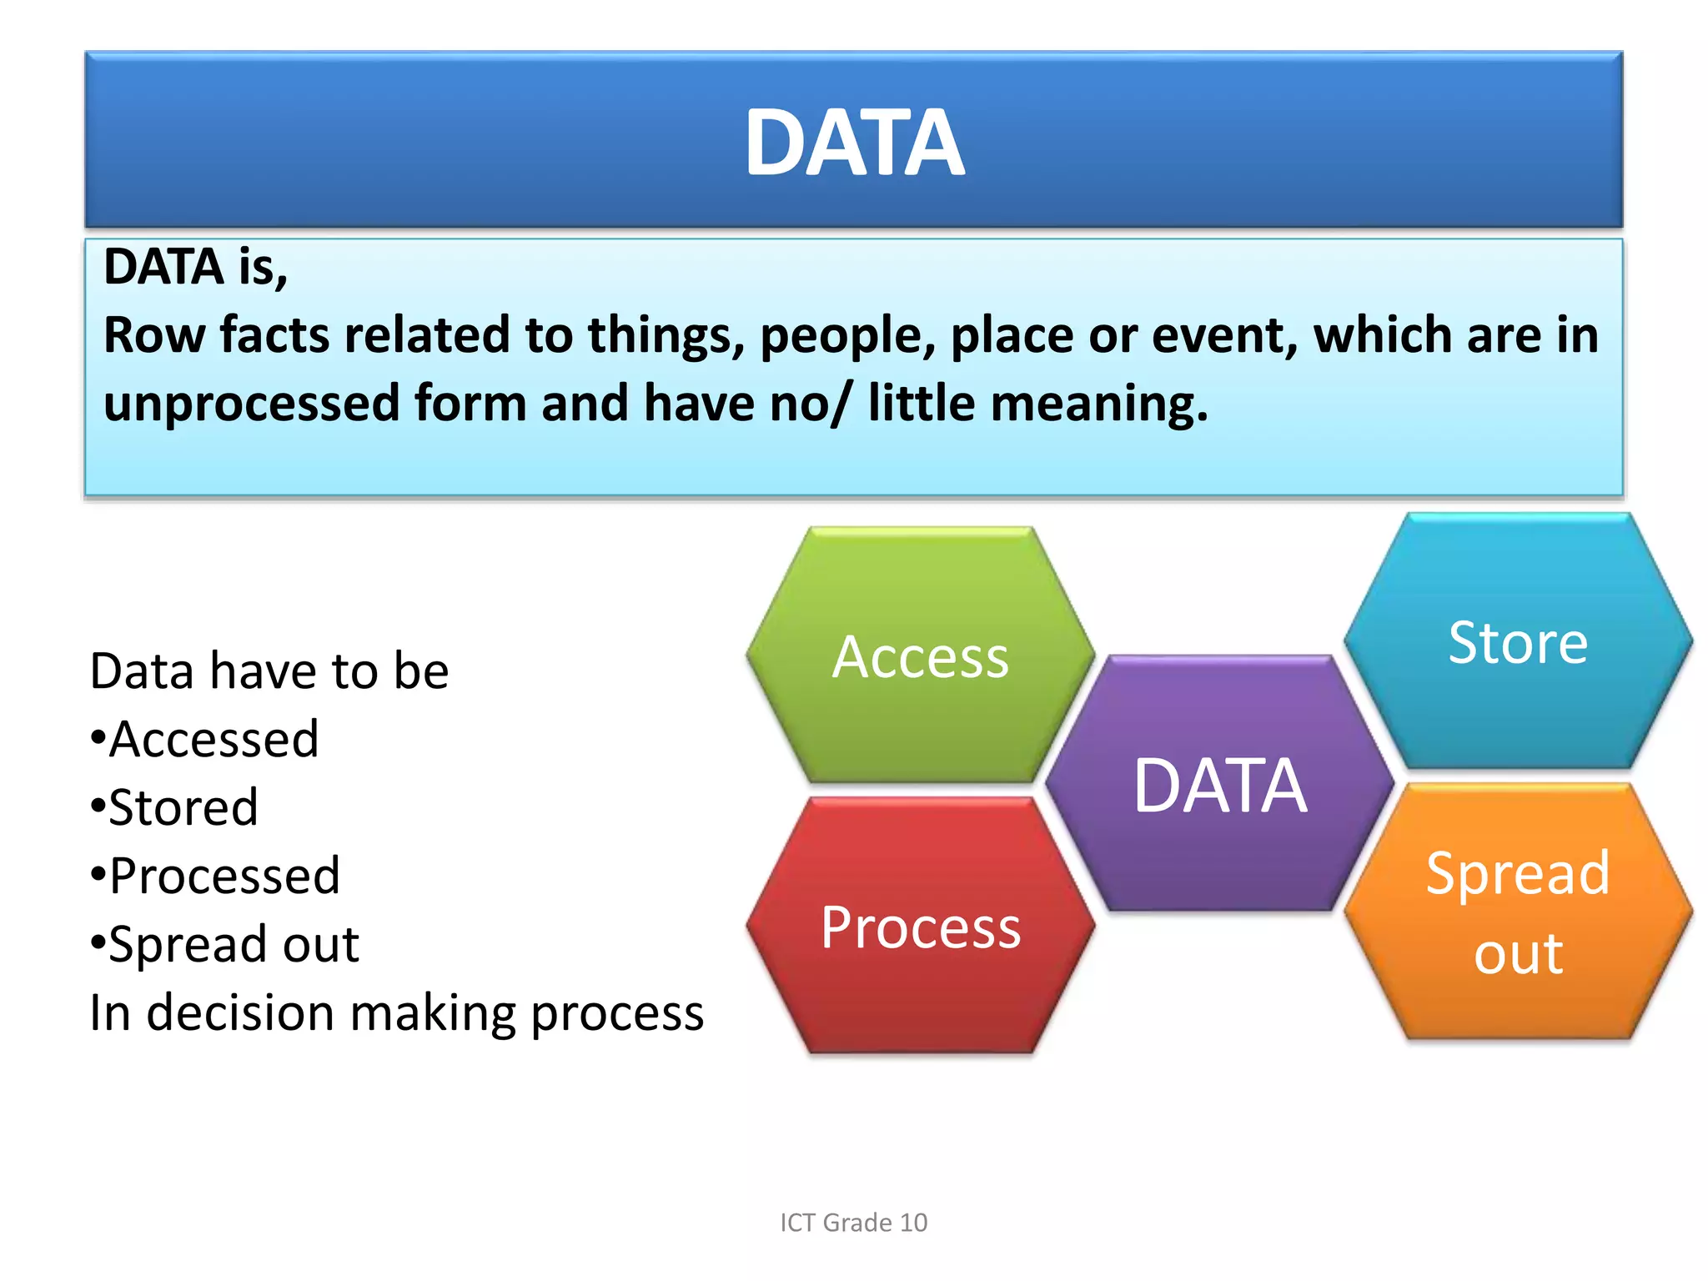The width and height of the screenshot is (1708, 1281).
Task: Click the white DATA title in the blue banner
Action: point(854,143)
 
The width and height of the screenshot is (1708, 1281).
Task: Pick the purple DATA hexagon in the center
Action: point(1219,785)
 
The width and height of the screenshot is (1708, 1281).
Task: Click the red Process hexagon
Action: point(920,927)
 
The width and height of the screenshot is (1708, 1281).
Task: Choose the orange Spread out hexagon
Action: point(1518,912)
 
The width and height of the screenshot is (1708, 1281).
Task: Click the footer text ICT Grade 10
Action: point(853,1223)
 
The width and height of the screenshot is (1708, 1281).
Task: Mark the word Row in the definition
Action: point(154,335)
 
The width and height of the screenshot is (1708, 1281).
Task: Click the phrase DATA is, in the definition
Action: point(195,267)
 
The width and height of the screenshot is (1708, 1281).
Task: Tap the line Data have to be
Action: point(269,671)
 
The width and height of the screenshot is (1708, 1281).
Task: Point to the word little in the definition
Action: point(922,404)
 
